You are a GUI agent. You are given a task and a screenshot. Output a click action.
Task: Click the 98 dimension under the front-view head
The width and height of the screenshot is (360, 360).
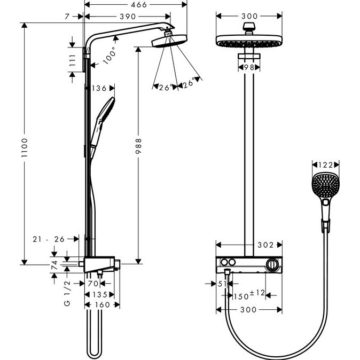coord(248,68)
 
